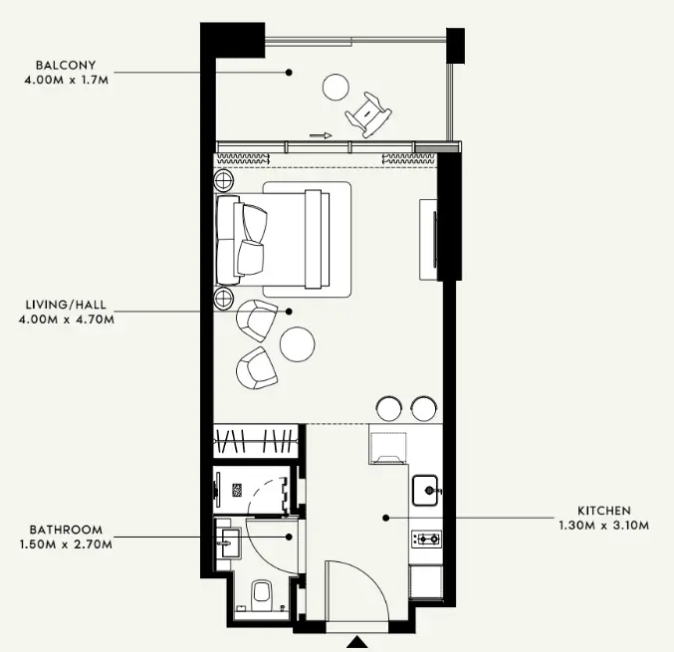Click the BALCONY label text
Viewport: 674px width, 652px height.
(66, 66)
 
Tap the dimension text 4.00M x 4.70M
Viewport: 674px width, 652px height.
(67, 320)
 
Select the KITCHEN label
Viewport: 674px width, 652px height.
(604, 511)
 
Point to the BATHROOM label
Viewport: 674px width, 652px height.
(66, 530)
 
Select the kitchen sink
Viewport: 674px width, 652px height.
(425, 491)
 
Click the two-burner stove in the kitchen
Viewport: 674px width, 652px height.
(426, 539)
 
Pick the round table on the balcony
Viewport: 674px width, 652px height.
(336, 87)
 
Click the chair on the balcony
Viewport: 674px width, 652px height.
(368, 114)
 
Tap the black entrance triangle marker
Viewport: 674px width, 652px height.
(357, 642)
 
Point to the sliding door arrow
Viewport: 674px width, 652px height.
(321, 135)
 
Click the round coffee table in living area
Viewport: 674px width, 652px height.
(297, 344)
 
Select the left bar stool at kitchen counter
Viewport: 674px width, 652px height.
(389, 408)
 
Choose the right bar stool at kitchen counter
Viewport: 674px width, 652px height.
(424, 408)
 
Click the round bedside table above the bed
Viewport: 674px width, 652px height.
(224, 179)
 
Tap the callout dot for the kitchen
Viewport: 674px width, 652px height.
(386, 519)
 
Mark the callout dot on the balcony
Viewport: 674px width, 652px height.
(290, 73)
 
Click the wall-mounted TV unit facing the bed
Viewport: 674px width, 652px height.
(429, 240)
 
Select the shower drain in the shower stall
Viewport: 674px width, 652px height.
(237, 491)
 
